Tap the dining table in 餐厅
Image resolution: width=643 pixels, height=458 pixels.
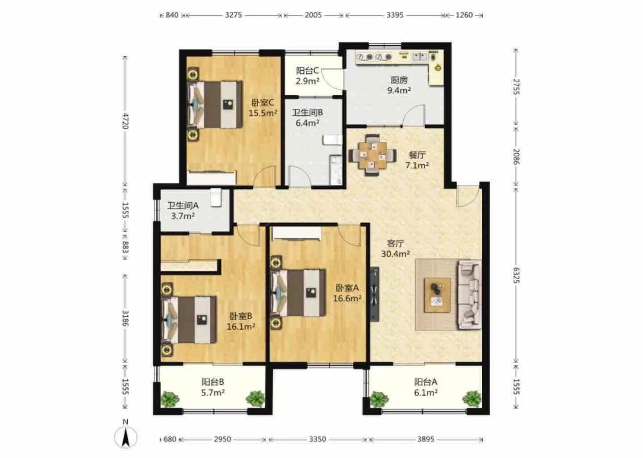[x=372, y=155]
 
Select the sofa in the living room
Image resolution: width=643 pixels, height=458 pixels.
[x=469, y=294]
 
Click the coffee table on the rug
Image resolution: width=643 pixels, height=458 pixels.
[x=437, y=295]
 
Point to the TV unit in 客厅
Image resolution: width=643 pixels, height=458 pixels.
[x=375, y=294]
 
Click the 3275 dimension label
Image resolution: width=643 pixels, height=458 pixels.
[x=234, y=15]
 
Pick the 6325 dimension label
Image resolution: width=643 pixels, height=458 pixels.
[x=516, y=275]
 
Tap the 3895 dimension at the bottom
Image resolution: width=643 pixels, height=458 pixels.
[x=426, y=439]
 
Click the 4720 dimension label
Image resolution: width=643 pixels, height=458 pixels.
[x=125, y=121]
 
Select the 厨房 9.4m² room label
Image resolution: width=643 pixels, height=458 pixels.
[x=399, y=85]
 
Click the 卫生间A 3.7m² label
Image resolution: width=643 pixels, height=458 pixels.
[x=183, y=211]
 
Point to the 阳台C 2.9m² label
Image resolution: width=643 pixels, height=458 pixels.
[x=307, y=76]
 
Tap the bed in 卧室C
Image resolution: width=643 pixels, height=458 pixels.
[x=215, y=104]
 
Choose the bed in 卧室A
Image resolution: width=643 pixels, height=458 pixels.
[x=299, y=293]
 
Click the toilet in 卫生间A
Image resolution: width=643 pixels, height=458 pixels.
[x=216, y=197]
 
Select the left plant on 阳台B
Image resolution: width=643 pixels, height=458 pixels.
[x=170, y=399]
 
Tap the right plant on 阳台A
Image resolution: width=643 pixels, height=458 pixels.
[x=472, y=399]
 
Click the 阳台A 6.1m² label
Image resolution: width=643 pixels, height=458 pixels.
[x=426, y=387]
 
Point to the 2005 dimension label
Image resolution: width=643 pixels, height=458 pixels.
[x=313, y=15]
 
